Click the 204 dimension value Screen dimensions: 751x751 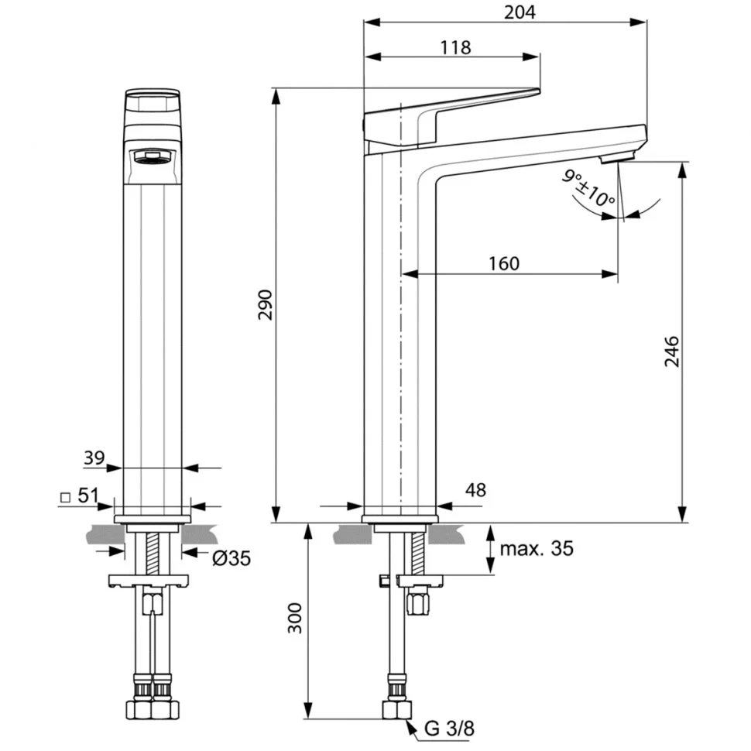tap(520, 12)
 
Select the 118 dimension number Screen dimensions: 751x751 tap(455, 47)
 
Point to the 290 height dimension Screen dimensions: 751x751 tap(265, 304)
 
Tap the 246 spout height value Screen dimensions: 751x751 tap(671, 351)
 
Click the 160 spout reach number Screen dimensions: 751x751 tap(504, 263)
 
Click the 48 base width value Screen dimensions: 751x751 tap(475, 490)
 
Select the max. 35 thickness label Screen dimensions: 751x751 tap(537, 549)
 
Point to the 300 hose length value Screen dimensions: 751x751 tap(294, 618)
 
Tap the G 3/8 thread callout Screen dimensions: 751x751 tap(449, 729)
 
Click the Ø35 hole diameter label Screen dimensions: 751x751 tap(231, 558)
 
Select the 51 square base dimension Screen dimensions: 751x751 tap(88, 496)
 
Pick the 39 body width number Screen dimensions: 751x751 tap(94, 458)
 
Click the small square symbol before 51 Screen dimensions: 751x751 tap(66, 498)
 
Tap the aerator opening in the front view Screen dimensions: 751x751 tap(153, 156)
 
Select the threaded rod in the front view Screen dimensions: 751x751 tap(153, 554)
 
